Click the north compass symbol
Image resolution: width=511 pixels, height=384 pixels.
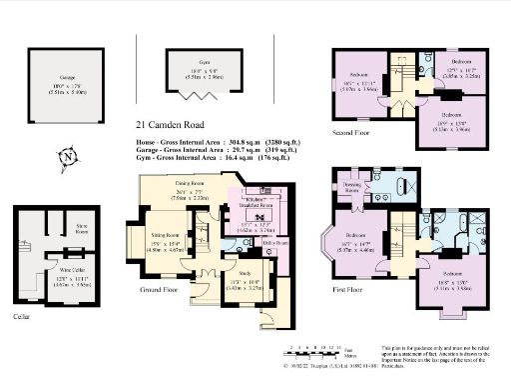(x=66, y=156)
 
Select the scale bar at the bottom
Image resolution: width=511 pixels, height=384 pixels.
(x=314, y=351)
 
